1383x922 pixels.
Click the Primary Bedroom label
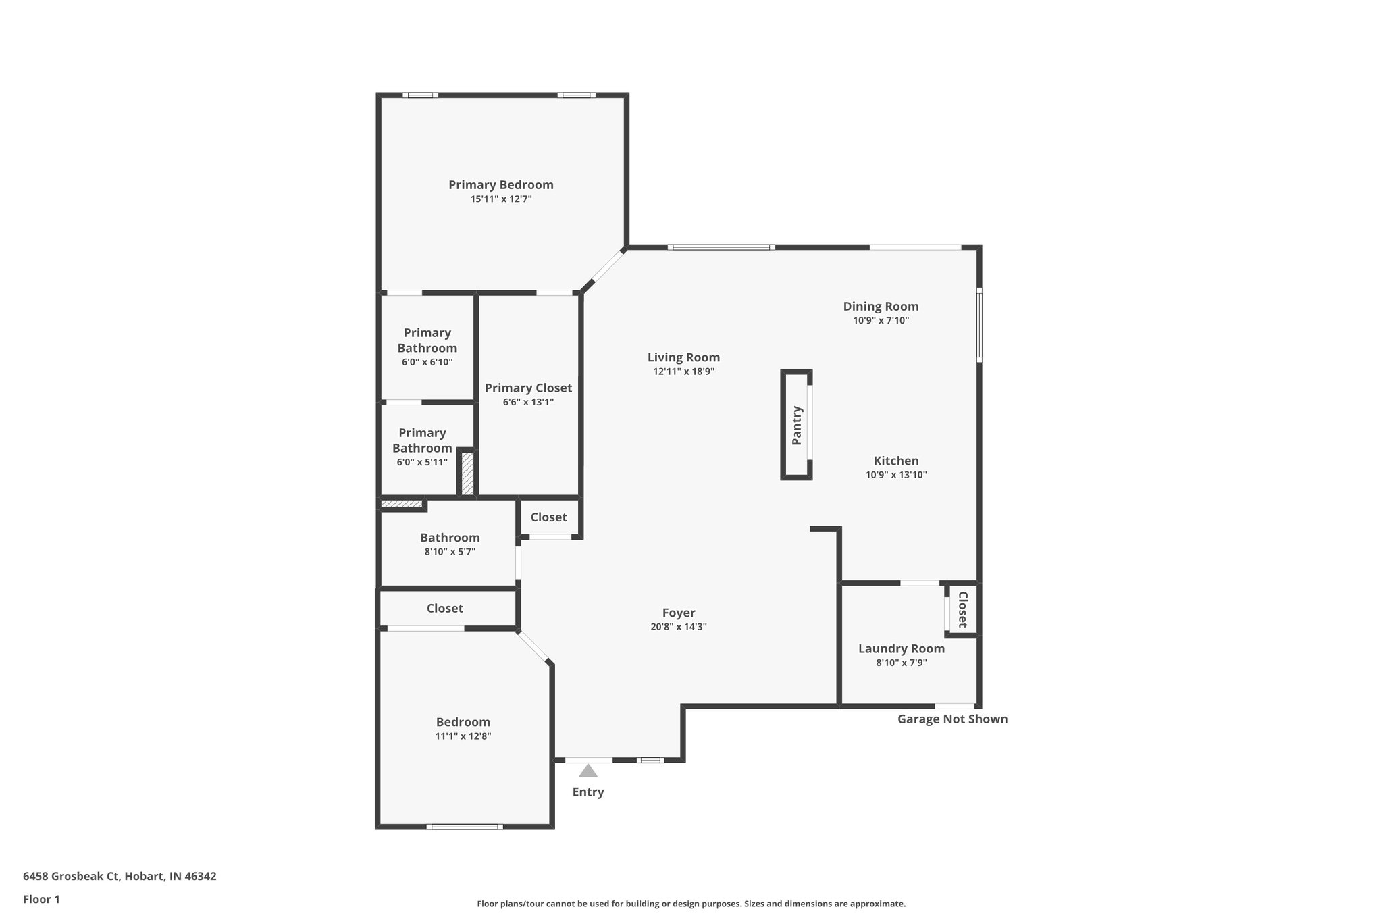click(x=500, y=185)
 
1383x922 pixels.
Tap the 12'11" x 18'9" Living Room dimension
click(x=683, y=372)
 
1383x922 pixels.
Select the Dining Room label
click(x=881, y=307)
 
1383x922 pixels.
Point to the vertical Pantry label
click(x=797, y=426)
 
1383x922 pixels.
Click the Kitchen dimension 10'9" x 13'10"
click(x=896, y=475)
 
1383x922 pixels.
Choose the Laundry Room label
click(x=901, y=649)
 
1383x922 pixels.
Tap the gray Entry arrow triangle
click(x=588, y=771)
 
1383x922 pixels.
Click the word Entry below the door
click(x=588, y=792)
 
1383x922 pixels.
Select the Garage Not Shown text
click(x=952, y=719)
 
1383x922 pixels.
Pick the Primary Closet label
click(x=528, y=388)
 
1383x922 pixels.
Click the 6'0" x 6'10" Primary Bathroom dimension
click(x=427, y=362)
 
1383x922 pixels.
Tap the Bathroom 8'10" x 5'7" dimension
click(x=450, y=552)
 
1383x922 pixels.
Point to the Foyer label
click(x=679, y=613)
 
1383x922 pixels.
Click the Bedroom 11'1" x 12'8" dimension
click(x=463, y=736)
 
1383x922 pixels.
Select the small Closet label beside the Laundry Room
click(x=963, y=609)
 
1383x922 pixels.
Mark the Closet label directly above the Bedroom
click(x=444, y=609)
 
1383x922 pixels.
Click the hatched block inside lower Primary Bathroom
click(x=467, y=473)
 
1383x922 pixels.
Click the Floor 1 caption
click(x=41, y=899)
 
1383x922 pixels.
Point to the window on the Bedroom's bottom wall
click(x=465, y=827)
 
